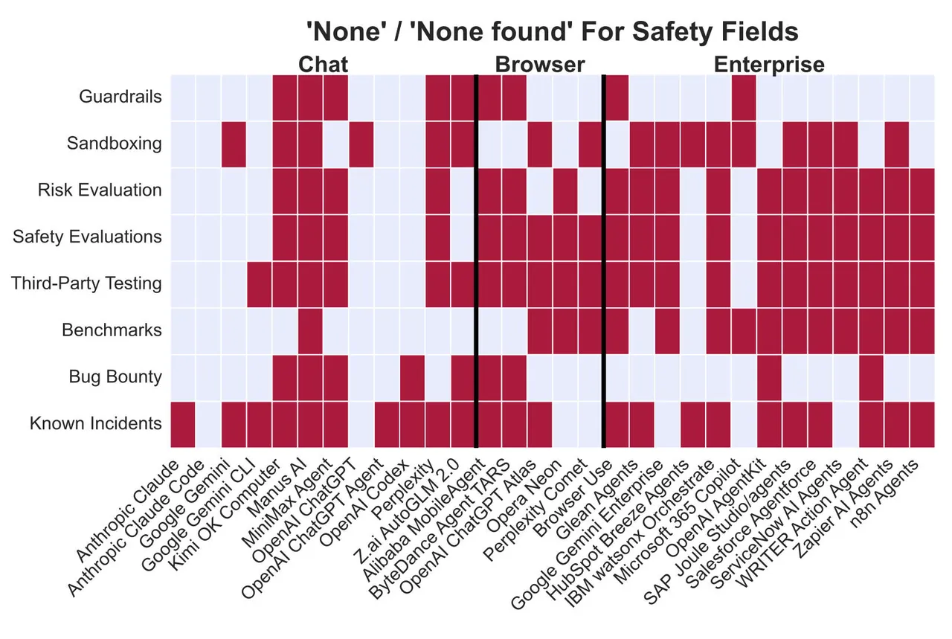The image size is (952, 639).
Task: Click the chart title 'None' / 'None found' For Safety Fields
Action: point(553,32)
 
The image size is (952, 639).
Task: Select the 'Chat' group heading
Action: point(323,65)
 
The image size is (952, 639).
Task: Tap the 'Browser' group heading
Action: point(540,65)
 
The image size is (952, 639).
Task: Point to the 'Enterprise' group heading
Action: point(769,65)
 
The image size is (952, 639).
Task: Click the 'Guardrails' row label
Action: point(120,97)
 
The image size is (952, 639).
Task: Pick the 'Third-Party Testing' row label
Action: point(86,283)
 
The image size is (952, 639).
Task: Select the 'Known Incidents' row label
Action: point(95,423)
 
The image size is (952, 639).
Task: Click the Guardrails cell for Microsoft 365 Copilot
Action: point(744,97)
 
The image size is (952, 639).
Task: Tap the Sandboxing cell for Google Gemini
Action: point(234,144)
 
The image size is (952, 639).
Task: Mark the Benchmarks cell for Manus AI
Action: point(310,330)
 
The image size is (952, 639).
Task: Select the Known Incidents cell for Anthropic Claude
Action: point(183,423)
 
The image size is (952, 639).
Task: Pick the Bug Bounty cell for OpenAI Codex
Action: point(412,376)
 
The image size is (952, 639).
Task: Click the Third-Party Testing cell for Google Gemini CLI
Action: point(260,283)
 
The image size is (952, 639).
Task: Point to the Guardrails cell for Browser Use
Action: point(617,97)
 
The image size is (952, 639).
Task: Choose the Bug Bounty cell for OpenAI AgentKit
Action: point(769,376)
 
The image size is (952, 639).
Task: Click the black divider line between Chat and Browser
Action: point(476,260)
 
